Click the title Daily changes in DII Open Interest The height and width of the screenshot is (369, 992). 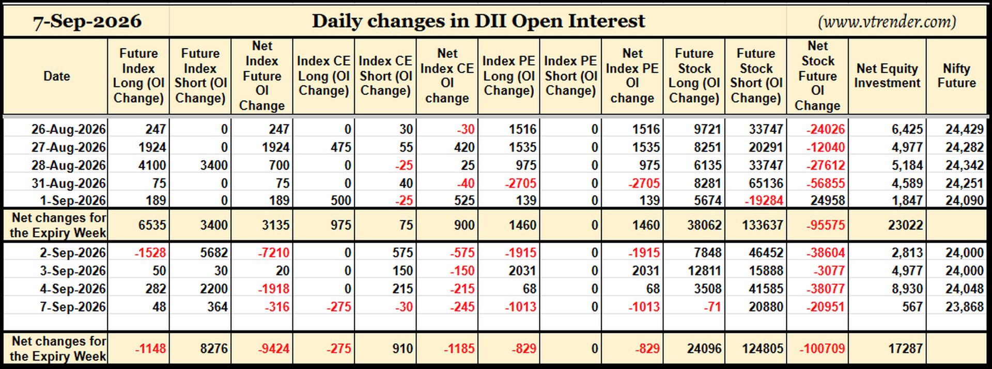click(x=478, y=21)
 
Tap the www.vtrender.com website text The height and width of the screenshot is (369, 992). click(x=887, y=22)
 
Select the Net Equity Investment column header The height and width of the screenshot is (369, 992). click(x=887, y=76)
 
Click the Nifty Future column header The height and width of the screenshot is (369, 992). click(x=956, y=76)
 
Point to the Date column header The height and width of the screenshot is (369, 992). click(x=56, y=76)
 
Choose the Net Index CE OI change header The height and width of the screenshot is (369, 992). click(x=447, y=76)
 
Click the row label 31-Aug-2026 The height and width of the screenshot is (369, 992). click(x=68, y=183)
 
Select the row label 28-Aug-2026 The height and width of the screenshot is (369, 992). click(x=68, y=165)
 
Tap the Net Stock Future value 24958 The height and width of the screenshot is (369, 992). click(x=828, y=201)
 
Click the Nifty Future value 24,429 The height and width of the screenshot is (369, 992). click(x=965, y=129)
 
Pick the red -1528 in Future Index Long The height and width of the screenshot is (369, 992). click(x=150, y=253)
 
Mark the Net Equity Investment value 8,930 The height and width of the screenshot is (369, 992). click(x=907, y=289)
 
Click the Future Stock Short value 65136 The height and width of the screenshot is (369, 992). click(x=766, y=183)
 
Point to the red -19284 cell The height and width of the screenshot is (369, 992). click(x=764, y=201)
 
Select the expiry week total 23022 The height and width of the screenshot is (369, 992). click(x=905, y=226)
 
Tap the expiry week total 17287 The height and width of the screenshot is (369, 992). click(x=905, y=349)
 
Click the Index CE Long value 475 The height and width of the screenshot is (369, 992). click(x=340, y=148)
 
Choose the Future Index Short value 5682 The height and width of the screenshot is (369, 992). click(x=214, y=253)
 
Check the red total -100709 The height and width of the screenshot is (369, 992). click(x=822, y=349)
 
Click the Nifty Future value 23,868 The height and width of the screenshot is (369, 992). click(x=965, y=307)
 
